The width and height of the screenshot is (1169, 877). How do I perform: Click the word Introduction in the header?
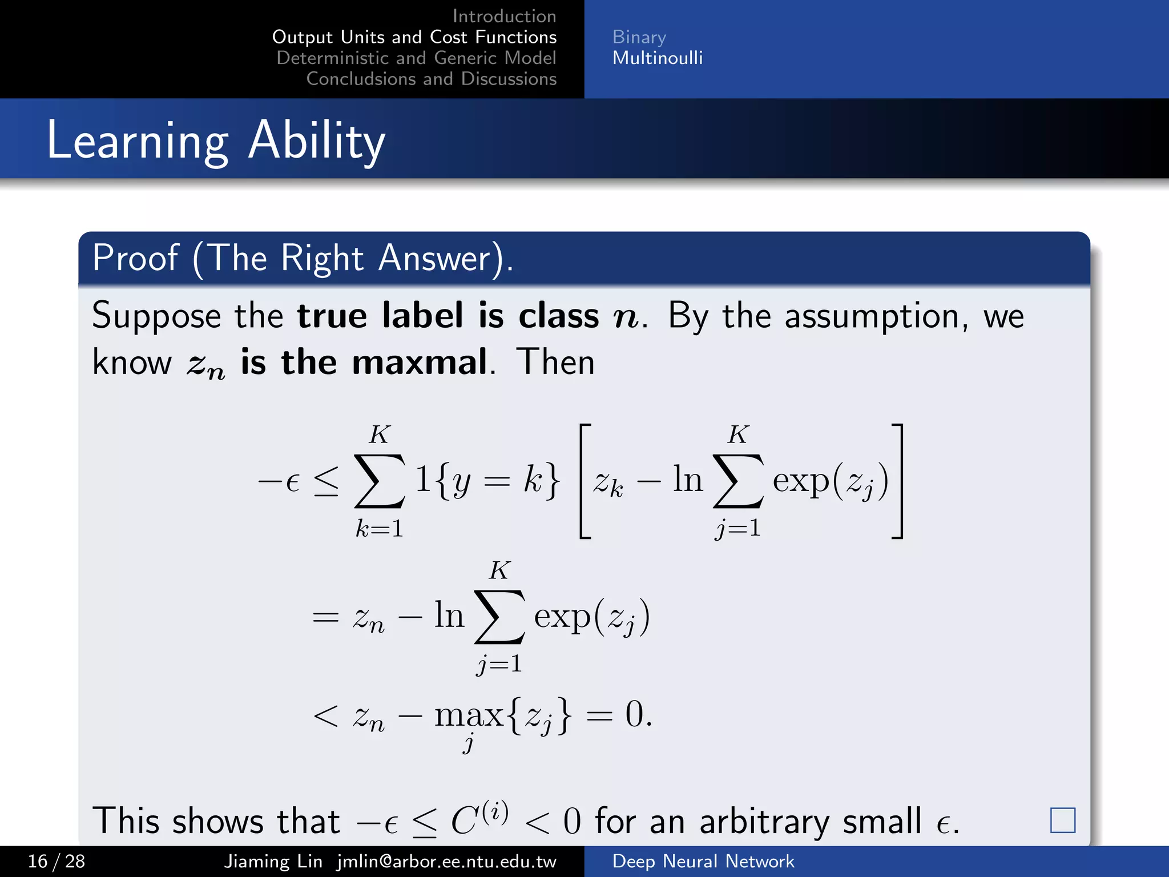pyautogui.click(x=504, y=16)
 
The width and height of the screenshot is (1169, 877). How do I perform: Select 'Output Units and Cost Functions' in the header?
pyautogui.click(x=414, y=37)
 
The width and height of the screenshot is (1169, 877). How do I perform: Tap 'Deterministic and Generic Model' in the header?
pyautogui.click(x=416, y=58)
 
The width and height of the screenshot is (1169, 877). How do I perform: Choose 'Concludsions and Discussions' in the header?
pyautogui.click(x=431, y=79)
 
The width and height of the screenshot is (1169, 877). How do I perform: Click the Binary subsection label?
pyautogui.click(x=639, y=37)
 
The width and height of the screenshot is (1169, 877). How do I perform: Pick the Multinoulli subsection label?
pyautogui.click(x=658, y=58)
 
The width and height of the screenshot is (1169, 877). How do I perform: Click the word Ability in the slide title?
pyautogui.click(x=317, y=141)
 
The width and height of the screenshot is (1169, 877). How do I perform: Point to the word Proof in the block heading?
pyautogui.click(x=135, y=258)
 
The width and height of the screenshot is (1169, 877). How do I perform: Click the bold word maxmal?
pyautogui.click(x=420, y=362)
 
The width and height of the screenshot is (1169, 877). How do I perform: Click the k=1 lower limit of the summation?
pyautogui.click(x=380, y=528)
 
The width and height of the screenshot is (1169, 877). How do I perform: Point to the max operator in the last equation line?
pyautogui.click(x=469, y=715)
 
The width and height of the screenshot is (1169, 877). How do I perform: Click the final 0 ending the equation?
pyautogui.click(x=635, y=714)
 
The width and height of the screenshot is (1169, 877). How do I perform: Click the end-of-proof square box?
pyautogui.click(x=1062, y=820)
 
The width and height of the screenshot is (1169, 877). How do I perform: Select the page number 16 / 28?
pyautogui.click(x=57, y=861)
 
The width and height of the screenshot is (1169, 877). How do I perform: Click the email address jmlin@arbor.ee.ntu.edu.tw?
pyautogui.click(x=446, y=861)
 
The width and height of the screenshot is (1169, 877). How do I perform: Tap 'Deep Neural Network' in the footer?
pyautogui.click(x=703, y=861)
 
